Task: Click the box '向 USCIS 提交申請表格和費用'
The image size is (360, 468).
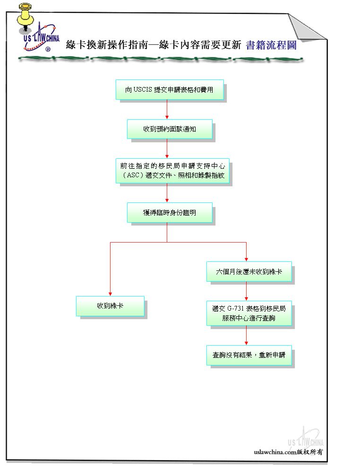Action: pyautogui.click(x=170, y=89)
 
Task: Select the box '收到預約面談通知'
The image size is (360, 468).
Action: pyautogui.click(x=170, y=129)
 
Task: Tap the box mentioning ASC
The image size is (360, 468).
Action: pyautogui.click(x=173, y=171)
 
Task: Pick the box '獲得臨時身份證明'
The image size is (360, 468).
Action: pyautogui.click(x=170, y=213)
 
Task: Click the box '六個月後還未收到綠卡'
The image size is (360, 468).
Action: pyautogui.click(x=249, y=272)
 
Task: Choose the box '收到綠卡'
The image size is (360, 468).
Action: pyautogui.click(x=111, y=306)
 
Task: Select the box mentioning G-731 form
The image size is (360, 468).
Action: pyautogui.click(x=249, y=313)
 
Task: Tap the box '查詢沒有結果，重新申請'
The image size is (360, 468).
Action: pyautogui.click(x=249, y=355)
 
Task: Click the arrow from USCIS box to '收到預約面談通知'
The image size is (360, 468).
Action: pyautogui.click(x=167, y=109)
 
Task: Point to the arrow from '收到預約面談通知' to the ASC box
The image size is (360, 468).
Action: pyautogui.click(x=167, y=148)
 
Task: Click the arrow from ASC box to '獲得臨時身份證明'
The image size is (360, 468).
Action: pyautogui.click(x=167, y=193)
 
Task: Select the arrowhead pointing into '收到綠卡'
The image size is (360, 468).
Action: pyautogui.click(x=111, y=294)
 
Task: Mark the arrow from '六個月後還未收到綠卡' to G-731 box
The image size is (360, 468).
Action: pyautogui.click(x=246, y=291)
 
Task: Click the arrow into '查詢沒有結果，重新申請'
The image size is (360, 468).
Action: pyautogui.click(x=246, y=335)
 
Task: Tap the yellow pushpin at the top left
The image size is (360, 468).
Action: pyautogui.click(x=26, y=17)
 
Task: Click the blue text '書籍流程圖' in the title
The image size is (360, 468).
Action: pyautogui.click(x=271, y=45)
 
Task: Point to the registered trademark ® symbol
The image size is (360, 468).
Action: pyautogui.click(x=48, y=49)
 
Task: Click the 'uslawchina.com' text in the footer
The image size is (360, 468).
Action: pyautogui.click(x=275, y=452)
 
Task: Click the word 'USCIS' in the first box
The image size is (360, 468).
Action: pyautogui.click(x=143, y=89)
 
